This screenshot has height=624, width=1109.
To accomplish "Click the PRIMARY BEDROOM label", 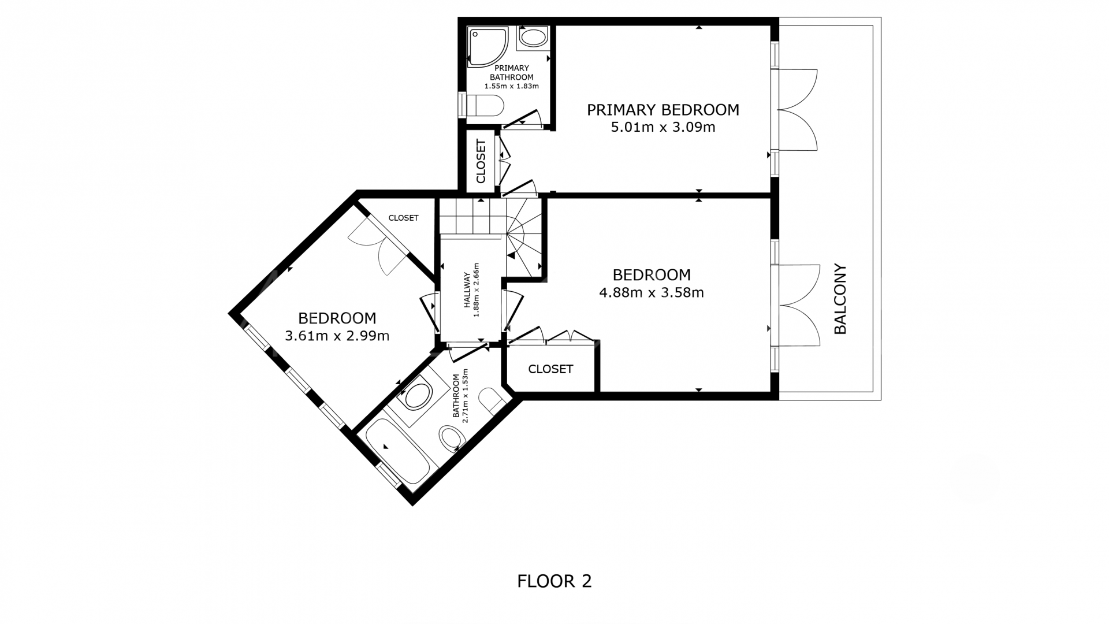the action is pos(663,110).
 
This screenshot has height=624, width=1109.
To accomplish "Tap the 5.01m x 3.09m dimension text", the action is pos(663,127).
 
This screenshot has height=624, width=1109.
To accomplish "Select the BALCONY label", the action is pos(840,299).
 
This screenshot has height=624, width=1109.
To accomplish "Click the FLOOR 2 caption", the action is pos(554,581).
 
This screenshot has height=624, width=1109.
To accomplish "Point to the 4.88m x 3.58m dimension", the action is pos(652,292).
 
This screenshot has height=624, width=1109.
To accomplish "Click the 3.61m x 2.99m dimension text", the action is pos(337,336).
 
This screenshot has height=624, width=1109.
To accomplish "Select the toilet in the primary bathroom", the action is pos(484,106).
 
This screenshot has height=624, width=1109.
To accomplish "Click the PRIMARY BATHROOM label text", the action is pos(512,73).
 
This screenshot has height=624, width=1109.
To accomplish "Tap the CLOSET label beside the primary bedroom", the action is pos(481,161).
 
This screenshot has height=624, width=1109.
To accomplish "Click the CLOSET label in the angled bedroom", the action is pos(403,218).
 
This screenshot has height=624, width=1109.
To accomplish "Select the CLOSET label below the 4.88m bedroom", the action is pos(550,369).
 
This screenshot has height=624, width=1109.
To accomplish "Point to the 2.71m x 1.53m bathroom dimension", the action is pos(460,396).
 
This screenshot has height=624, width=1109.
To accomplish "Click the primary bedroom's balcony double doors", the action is pos(797,110).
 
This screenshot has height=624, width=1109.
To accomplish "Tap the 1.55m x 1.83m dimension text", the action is pos(512,86).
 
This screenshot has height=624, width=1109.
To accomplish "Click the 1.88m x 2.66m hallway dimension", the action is pos(477,290).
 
